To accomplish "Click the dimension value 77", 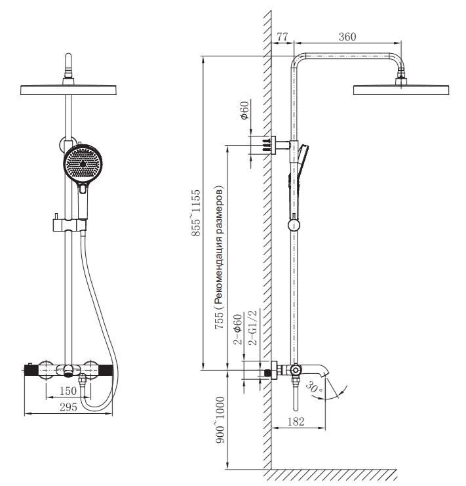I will pyautogui.click(x=282, y=36).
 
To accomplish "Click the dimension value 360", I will pyautogui.click(x=347, y=36).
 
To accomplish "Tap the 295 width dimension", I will pyautogui.click(x=68, y=407).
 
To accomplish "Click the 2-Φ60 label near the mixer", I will pyautogui.click(x=241, y=332).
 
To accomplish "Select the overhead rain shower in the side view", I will pyautogui.click(x=401, y=89).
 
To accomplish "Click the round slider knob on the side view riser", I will pyautogui.click(x=295, y=225).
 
